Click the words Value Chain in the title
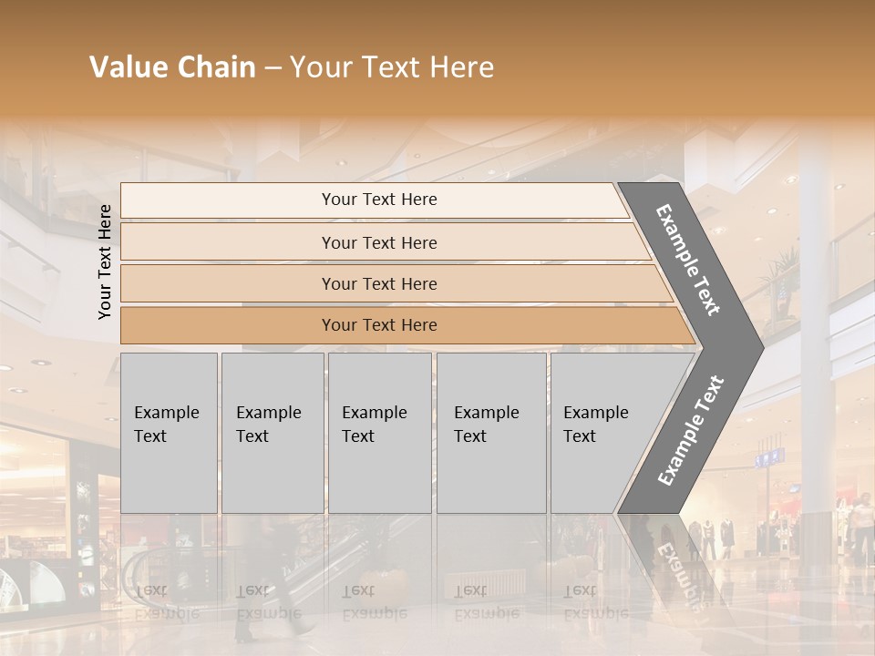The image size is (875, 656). pos(172,67)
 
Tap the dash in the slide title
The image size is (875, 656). pos(273,67)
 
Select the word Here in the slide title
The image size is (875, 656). pos(461,67)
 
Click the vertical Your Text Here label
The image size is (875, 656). pos(105,261)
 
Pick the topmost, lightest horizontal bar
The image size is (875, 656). pos(374,200)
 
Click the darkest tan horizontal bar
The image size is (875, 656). pos(401,325)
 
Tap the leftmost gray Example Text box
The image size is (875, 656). pos(169,433)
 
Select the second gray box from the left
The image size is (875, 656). pos(272,433)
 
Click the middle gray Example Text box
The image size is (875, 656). pos(379,433)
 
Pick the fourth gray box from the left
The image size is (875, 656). pos(490,433)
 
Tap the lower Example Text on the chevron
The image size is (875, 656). pos(691,430)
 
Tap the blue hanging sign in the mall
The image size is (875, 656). pos(768,457)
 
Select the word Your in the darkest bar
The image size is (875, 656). pos(338,325)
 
